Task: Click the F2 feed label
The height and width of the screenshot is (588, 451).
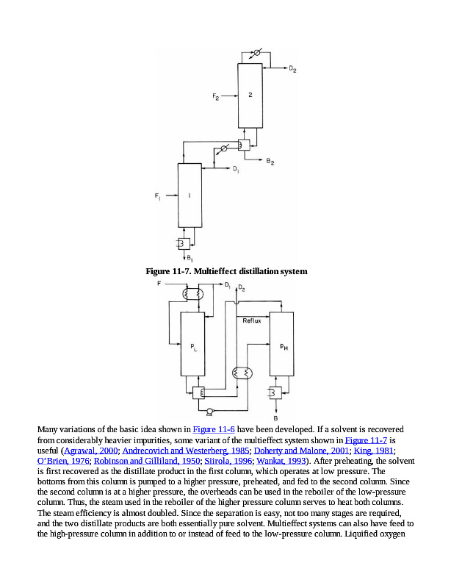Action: coord(215,97)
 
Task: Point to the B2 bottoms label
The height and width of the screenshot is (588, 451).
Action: coord(271,161)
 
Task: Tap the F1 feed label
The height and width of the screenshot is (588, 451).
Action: coord(157,196)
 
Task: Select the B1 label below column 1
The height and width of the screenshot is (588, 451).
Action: coord(190,258)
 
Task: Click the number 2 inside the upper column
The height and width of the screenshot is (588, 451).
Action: coord(250,95)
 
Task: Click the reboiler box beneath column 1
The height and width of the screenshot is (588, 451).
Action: coord(181,243)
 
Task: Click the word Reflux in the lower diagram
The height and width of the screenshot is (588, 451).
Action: coord(253,320)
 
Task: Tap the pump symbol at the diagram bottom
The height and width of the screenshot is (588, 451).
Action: coord(209,412)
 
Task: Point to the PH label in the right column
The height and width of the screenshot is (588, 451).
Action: coord(284,350)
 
